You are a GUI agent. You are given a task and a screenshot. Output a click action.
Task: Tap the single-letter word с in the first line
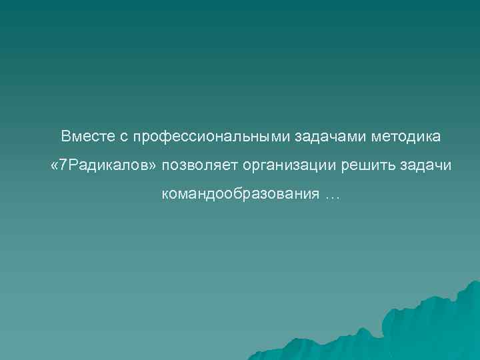click(124, 137)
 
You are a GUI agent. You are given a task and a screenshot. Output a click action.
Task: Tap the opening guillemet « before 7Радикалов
click(55, 166)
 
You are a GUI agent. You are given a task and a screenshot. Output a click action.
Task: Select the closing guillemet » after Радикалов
click(155, 166)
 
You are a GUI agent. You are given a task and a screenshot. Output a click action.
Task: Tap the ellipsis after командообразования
click(331, 196)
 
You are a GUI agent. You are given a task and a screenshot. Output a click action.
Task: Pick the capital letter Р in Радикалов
click(72, 165)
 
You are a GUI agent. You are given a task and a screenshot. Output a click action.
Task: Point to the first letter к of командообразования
click(164, 195)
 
